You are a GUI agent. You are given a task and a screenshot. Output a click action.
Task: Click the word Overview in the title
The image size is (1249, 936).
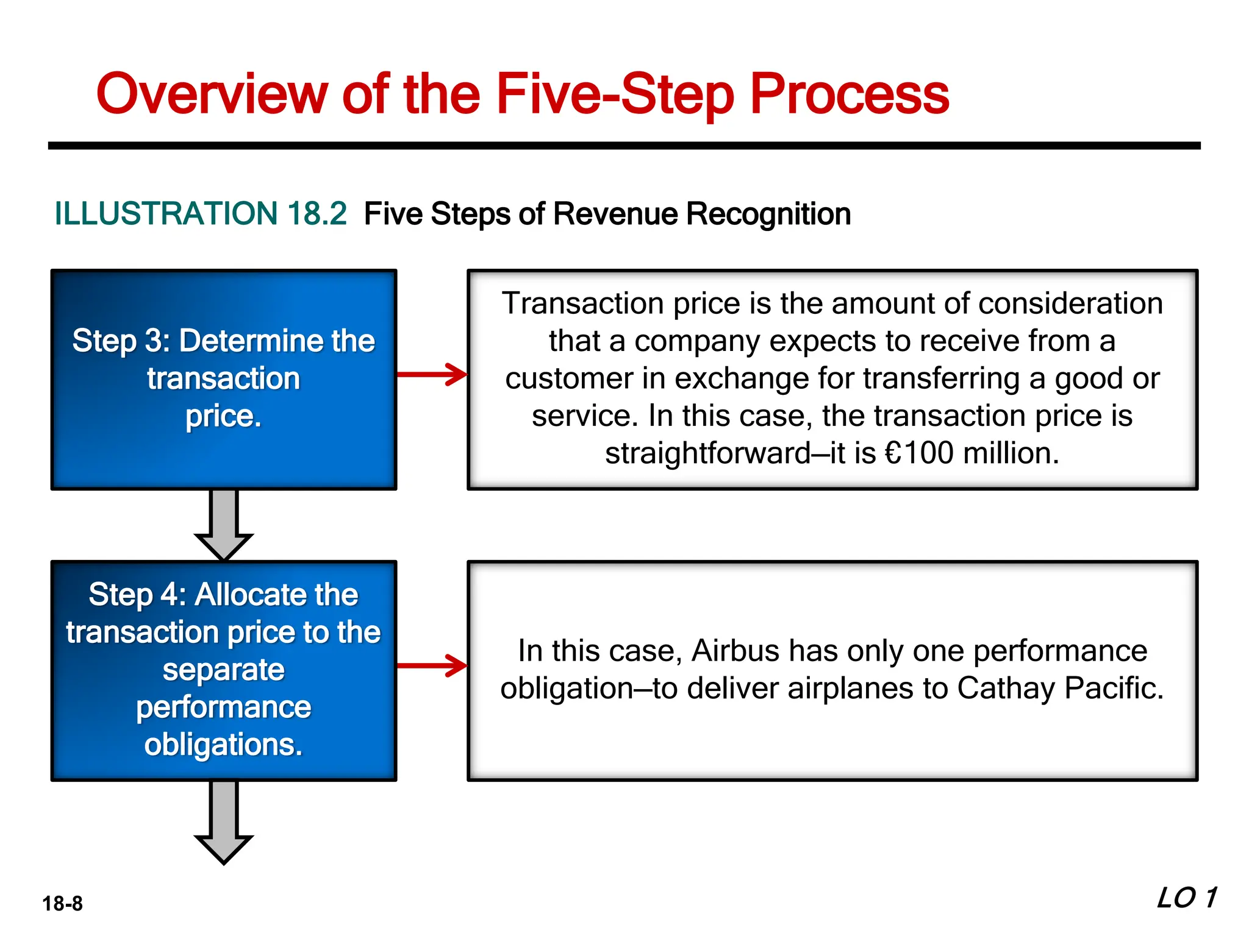pos(212,94)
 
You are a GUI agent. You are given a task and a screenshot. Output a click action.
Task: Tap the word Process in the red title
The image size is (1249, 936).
pos(849,94)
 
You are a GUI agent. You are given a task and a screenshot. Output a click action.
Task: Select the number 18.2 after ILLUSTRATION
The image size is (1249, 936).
pos(317,214)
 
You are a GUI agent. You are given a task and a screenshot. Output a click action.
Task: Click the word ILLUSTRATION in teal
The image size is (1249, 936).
pos(166,214)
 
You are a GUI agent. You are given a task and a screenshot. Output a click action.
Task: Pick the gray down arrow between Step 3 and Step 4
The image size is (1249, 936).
pos(224,524)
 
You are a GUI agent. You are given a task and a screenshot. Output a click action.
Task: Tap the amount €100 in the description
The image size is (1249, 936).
pos(918,453)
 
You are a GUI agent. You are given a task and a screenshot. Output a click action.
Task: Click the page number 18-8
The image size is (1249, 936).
pos(62,903)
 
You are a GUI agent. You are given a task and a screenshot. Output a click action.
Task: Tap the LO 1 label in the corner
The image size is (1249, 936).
pos(1187,898)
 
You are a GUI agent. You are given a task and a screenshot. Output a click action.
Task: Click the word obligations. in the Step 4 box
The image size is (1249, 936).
pos(223,745)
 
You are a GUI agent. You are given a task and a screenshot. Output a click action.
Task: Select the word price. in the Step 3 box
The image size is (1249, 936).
pos(223,417)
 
